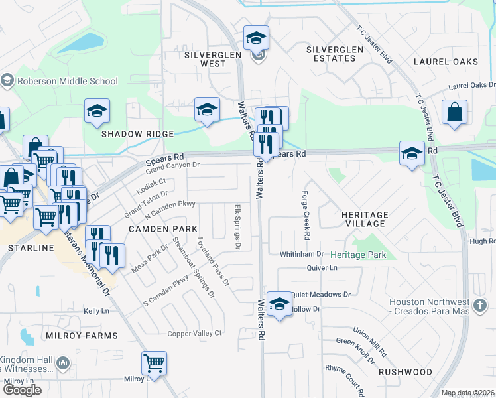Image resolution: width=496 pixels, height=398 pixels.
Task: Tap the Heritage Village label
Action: [x=364, y=220]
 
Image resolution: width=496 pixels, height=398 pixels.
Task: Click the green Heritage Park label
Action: [x=358, y=255]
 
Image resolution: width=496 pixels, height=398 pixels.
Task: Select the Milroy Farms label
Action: [x=82, y=336]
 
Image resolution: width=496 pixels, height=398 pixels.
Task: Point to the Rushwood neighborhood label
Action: [x=405, y=372]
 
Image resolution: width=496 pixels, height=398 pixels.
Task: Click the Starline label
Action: [x=31, y=247]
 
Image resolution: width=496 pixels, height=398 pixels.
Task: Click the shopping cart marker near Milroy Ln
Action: [x=154, y=363]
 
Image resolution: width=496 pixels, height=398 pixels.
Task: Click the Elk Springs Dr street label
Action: [x=237, y=227]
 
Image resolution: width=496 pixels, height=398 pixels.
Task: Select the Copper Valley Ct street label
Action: [x=194, y=333]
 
